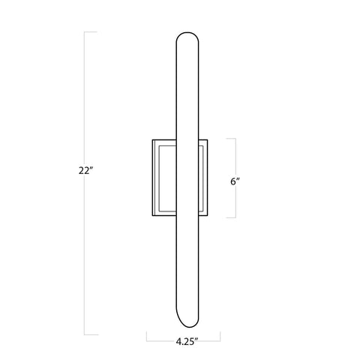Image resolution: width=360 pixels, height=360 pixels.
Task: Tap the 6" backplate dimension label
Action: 235,181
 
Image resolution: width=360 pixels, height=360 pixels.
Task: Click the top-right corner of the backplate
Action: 209,139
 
